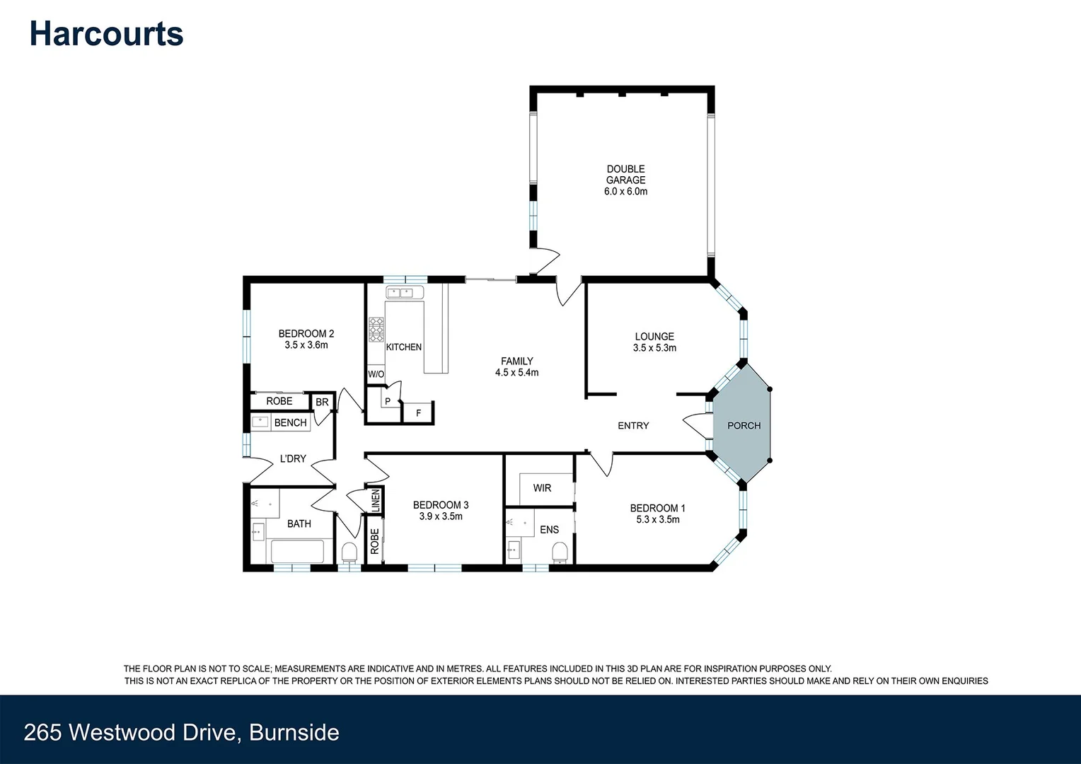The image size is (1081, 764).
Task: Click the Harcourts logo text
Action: tap(106, 34)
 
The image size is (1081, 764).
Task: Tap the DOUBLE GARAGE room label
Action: tap(625, 175)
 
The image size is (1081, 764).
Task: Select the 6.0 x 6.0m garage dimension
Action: tap(625, 192)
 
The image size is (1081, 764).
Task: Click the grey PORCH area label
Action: tap(744, 425)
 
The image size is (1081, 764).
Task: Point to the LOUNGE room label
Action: tap(654, 337)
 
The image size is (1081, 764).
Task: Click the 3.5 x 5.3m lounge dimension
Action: tap(654, 348)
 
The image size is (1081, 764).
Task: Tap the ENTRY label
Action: tap(633, 425)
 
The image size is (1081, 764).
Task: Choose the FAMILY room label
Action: tap(517, 361)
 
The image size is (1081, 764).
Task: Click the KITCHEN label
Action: tap(404, 347)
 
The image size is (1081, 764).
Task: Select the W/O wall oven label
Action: tap(376, 374)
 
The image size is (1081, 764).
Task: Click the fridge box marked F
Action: tap(418, 413)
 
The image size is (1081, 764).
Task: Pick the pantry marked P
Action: tap(388, 402)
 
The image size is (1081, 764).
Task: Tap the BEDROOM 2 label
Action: tap(306, 333)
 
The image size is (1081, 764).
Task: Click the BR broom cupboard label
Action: tap(322, 402)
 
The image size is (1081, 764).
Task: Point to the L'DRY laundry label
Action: tap(293, 458)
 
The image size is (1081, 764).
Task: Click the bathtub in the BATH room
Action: tap(297, 551)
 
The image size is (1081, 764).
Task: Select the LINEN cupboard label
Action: tap(376, 501)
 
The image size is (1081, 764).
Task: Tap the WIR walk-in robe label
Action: tap(542, 488)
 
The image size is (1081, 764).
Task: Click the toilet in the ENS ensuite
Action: tap(560, 551)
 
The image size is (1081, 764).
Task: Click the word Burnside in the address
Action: tap(294, 732)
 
